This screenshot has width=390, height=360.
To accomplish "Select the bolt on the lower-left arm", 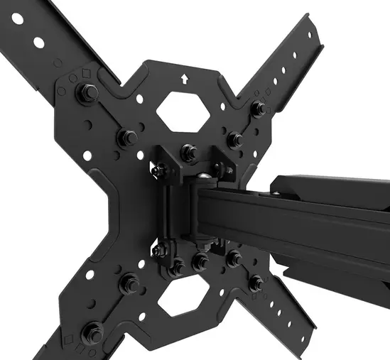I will click(93, 331).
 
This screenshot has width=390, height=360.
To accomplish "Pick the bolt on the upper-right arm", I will click(259, 109).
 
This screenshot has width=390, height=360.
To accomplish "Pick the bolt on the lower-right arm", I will click(256, 283).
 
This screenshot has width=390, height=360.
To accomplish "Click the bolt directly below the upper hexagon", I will click(188, 151).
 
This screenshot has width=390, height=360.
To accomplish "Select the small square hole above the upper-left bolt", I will click(86, 72).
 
